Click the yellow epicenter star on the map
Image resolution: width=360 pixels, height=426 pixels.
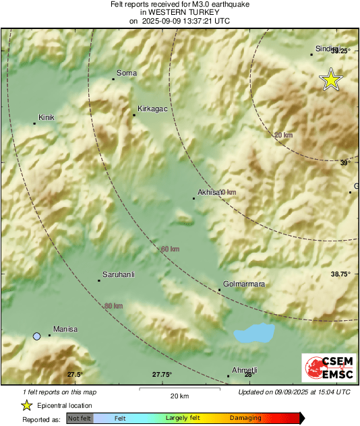pos(330,80)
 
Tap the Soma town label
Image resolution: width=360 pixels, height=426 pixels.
pos(127,73)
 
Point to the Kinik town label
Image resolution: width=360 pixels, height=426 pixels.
pos(46,117)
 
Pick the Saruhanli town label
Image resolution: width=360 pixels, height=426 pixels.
pos(119,274)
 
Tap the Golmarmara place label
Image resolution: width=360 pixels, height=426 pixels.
pos(243,284)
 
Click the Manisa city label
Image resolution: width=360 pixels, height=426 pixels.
pos(65,329)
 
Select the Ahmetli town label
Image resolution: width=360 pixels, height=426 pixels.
pos(245,370)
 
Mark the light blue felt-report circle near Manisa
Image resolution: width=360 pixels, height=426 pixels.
pos(36,336)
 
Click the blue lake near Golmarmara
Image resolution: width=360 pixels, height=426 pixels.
pos(253,332)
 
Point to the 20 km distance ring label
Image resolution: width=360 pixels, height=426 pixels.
pos(284,135)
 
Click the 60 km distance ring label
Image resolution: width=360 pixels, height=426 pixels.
pos(170,249)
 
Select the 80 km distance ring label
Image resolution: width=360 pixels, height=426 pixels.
pos(114,306)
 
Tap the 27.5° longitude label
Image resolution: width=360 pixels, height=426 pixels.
pos(74,375)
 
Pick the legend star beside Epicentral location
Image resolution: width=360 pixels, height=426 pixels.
pos(26,405)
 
